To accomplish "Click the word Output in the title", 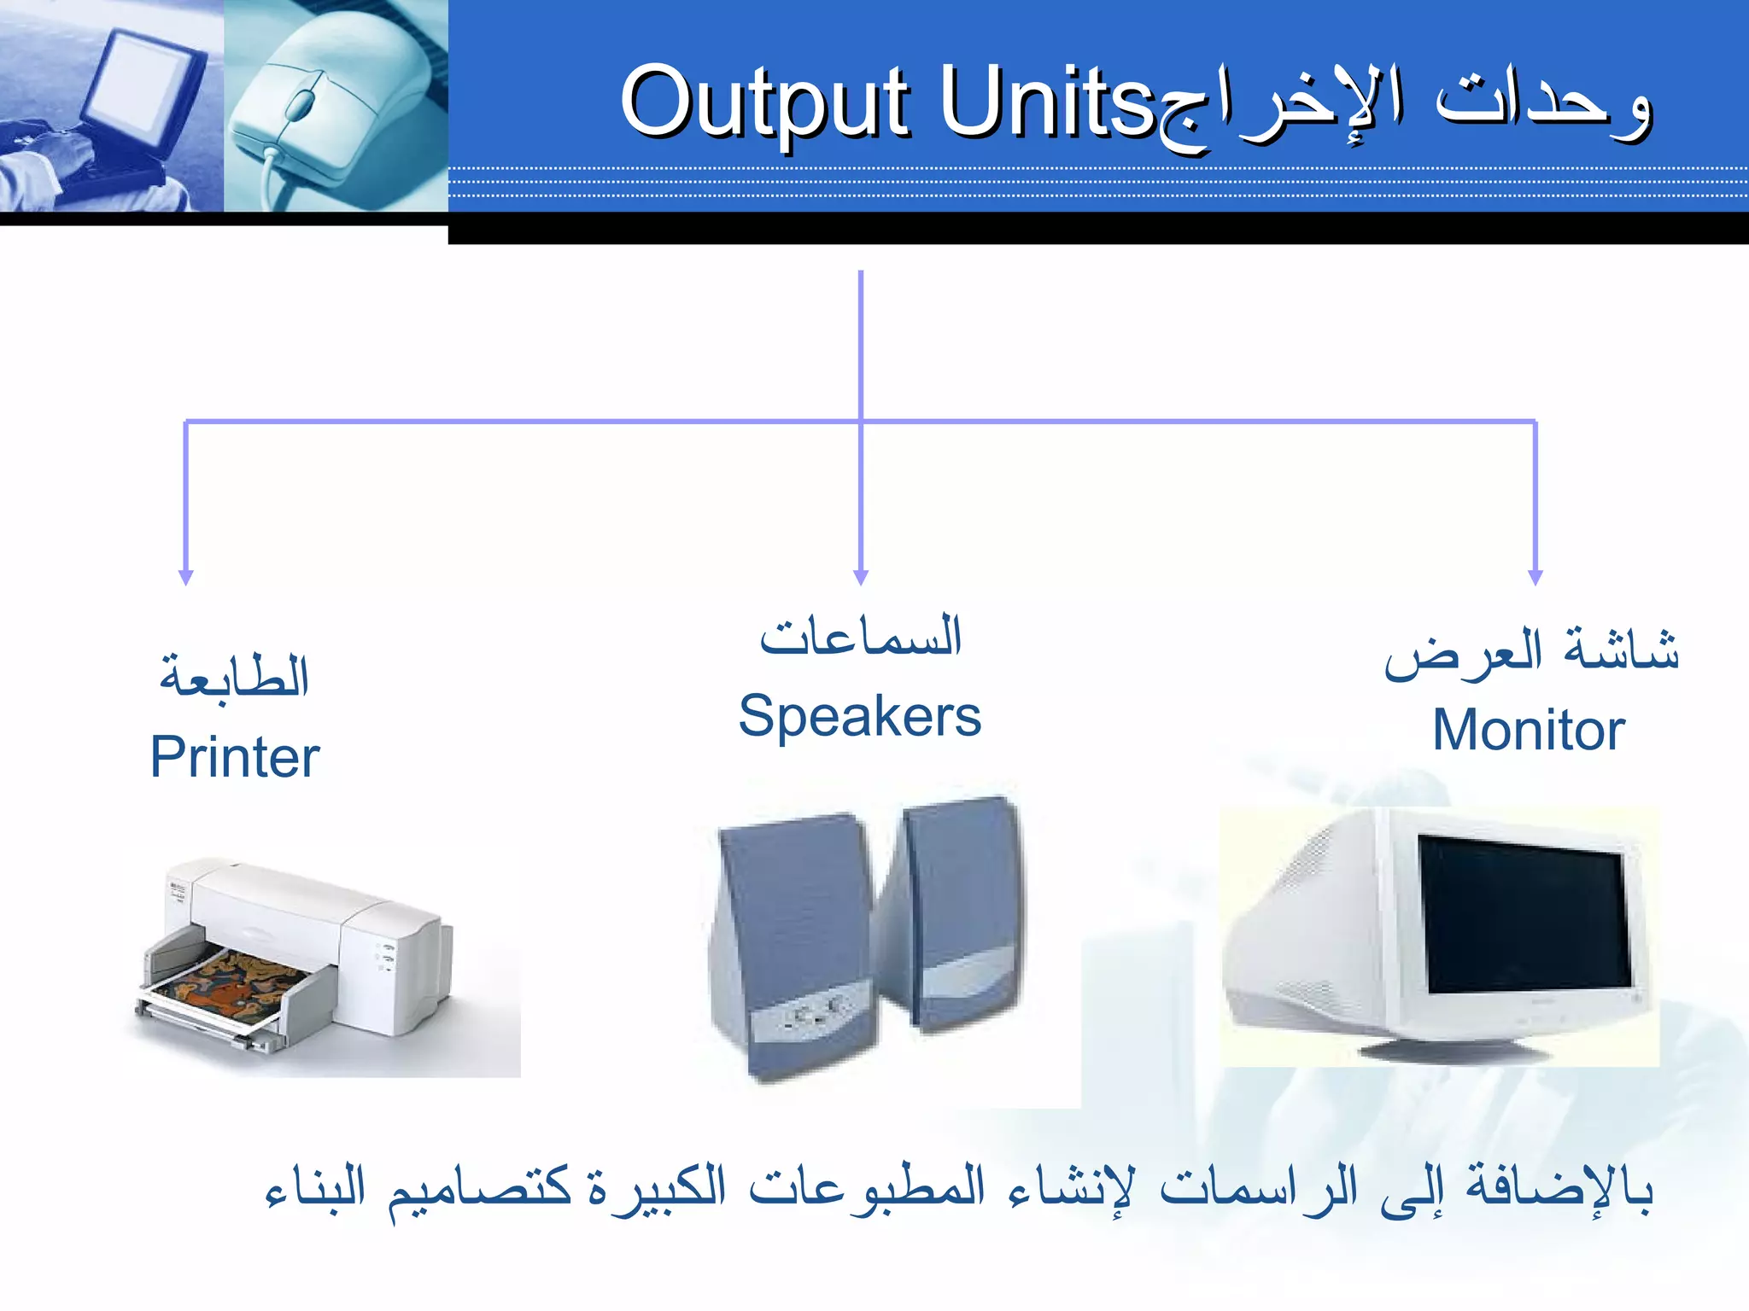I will click(764, 104).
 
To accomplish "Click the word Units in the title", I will click(1046, 104).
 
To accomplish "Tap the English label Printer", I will click(234, 757).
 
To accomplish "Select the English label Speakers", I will click(859, 716).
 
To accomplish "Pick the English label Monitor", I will click(1528, 731).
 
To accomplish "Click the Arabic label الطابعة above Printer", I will click(234, 677).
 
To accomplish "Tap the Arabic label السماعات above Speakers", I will click(861, 637).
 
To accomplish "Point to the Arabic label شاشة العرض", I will click(1531, 652).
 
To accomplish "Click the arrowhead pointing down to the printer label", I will click(186, 578).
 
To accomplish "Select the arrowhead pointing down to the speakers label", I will click(861, 578).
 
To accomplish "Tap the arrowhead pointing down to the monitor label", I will click(1535, 578).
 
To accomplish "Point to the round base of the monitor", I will click(1452, 1048).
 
